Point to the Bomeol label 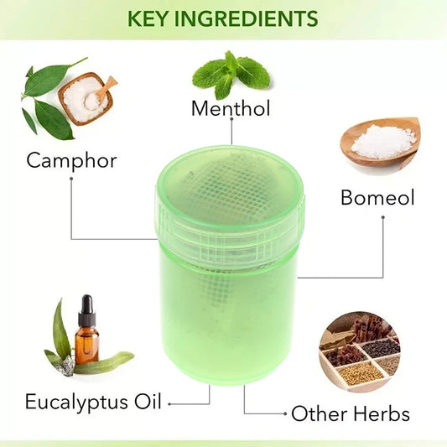pos(377,198)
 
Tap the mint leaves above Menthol pos(229,72)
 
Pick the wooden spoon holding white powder pos(382,140)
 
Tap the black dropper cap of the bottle pos(86,307)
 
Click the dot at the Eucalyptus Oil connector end pos(170,403)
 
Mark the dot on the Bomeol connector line pos(383,217)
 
